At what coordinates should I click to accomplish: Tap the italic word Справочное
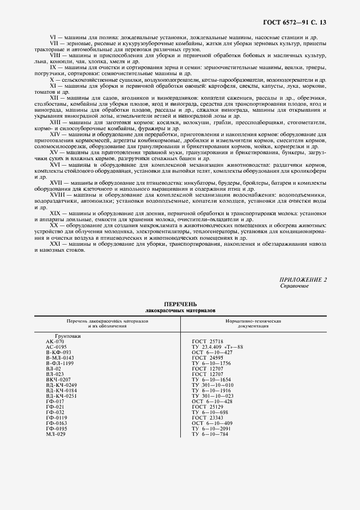click(x=294, y=286)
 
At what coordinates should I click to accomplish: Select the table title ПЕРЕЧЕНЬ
click(x=180, y=303)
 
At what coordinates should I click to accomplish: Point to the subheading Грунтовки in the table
click(x=68, y=337)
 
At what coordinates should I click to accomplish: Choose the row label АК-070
click(x=55, y=342)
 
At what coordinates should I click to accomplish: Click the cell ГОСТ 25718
click(x=209, y=342)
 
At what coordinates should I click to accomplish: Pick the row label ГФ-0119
click(x=57, y=417)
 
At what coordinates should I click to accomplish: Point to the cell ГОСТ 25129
click(x=209, y=406)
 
